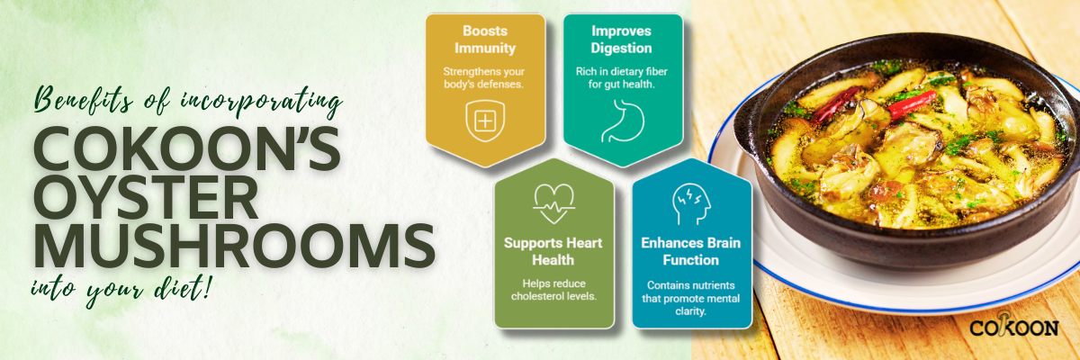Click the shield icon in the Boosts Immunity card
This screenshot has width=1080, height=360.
[x=485, y=121]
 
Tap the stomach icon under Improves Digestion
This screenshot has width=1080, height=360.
[x=623, y=121]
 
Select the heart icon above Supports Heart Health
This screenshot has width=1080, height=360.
[x=554, y=203]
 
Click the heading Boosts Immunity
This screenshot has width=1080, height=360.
[x=485, y=40]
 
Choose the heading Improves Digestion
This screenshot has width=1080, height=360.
[x=622, y=40]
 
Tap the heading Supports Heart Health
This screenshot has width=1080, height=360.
[x=553, y=251]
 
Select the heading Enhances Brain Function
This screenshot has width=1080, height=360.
[x=691, y=251]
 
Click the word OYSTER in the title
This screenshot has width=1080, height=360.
[x=146, y=198]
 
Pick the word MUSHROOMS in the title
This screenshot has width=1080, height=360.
[x=234, y=246]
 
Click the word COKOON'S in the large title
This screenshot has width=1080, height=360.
[x=187, y=148]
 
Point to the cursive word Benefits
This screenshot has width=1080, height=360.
[x=84, y=100]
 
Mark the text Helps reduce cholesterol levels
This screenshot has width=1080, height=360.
[x=554, y=290]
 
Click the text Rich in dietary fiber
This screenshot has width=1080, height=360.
[x=622, y=71]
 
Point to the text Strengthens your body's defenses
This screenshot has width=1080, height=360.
[x=483, y=77]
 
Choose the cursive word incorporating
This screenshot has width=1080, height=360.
[x=261, y=103]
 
